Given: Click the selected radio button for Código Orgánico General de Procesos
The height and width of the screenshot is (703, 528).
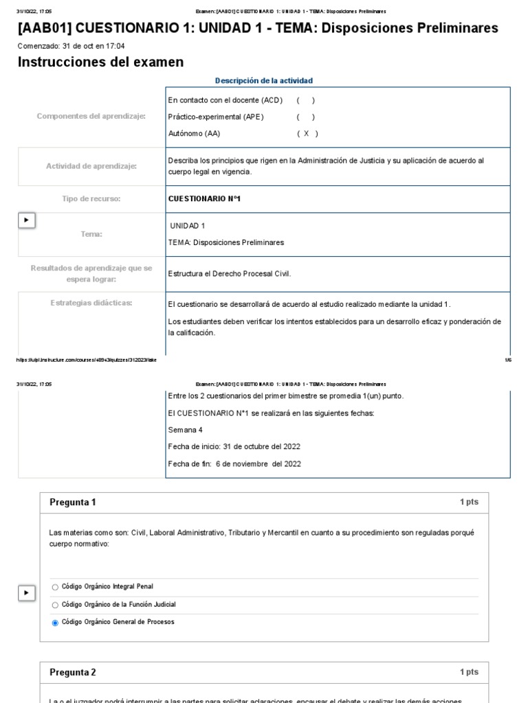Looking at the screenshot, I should (56, 623).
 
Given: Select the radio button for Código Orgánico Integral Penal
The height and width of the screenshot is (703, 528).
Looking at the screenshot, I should (56, 587).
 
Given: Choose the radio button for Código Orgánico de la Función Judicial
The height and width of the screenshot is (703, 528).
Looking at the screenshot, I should (56, 605).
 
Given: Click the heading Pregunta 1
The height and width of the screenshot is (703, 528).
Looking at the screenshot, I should (73, 503).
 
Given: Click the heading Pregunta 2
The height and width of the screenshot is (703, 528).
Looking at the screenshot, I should (73, 672).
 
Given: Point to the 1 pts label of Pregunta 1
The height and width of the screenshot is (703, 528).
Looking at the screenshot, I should (469, 503).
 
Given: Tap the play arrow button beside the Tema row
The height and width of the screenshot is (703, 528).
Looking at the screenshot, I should (26, 220).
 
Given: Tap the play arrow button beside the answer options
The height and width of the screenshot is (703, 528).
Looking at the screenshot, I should (26, 592).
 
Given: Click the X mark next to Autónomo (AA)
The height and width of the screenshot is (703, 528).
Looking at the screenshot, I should (307, 134).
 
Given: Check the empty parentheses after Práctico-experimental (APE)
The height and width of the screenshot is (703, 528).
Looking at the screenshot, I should (307, 117).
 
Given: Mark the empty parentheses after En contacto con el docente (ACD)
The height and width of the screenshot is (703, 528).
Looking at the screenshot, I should (307, 100).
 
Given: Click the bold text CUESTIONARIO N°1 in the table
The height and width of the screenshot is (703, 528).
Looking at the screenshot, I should (204, 199).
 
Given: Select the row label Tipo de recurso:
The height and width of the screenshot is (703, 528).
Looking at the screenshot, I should (91, 199).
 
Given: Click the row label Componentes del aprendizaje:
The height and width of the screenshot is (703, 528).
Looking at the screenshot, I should (91, 117).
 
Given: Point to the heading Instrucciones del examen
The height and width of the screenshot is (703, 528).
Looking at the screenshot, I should (100, 62).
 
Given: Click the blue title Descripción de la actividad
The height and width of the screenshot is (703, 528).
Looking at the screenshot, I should (264, 80).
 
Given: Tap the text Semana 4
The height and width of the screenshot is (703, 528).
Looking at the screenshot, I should (185, 430).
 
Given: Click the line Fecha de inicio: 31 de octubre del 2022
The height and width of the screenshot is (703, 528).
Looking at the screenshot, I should (234, 446).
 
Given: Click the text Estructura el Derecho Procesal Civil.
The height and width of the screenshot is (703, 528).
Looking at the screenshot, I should (230, 274).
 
